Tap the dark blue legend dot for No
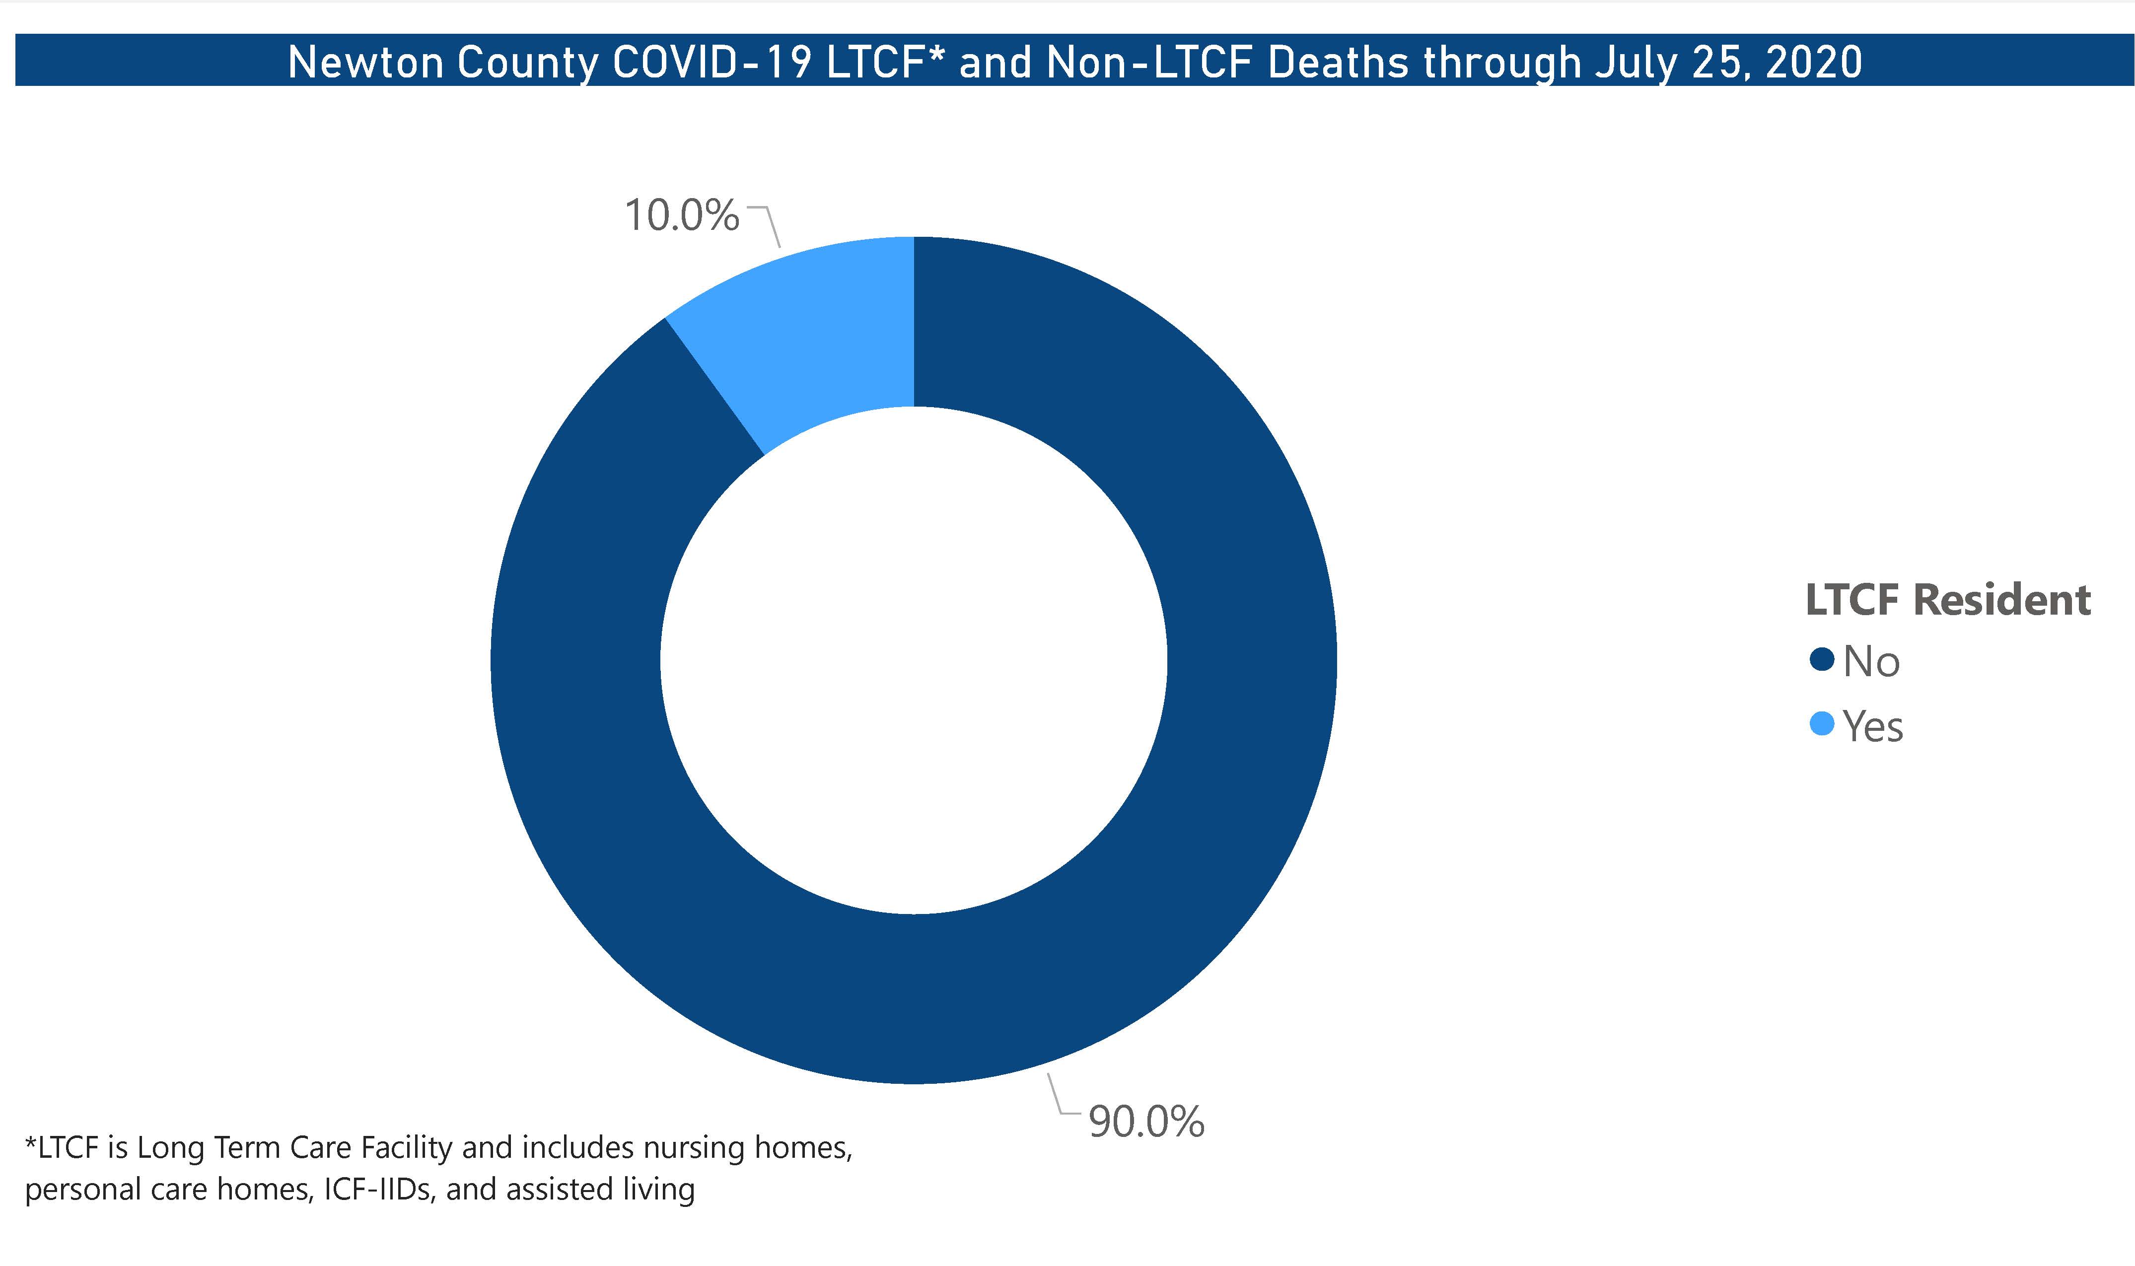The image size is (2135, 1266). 1821,659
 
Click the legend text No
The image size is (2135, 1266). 1871,661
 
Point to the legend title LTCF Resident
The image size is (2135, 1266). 1947,600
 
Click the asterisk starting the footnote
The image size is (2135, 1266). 31,1143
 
